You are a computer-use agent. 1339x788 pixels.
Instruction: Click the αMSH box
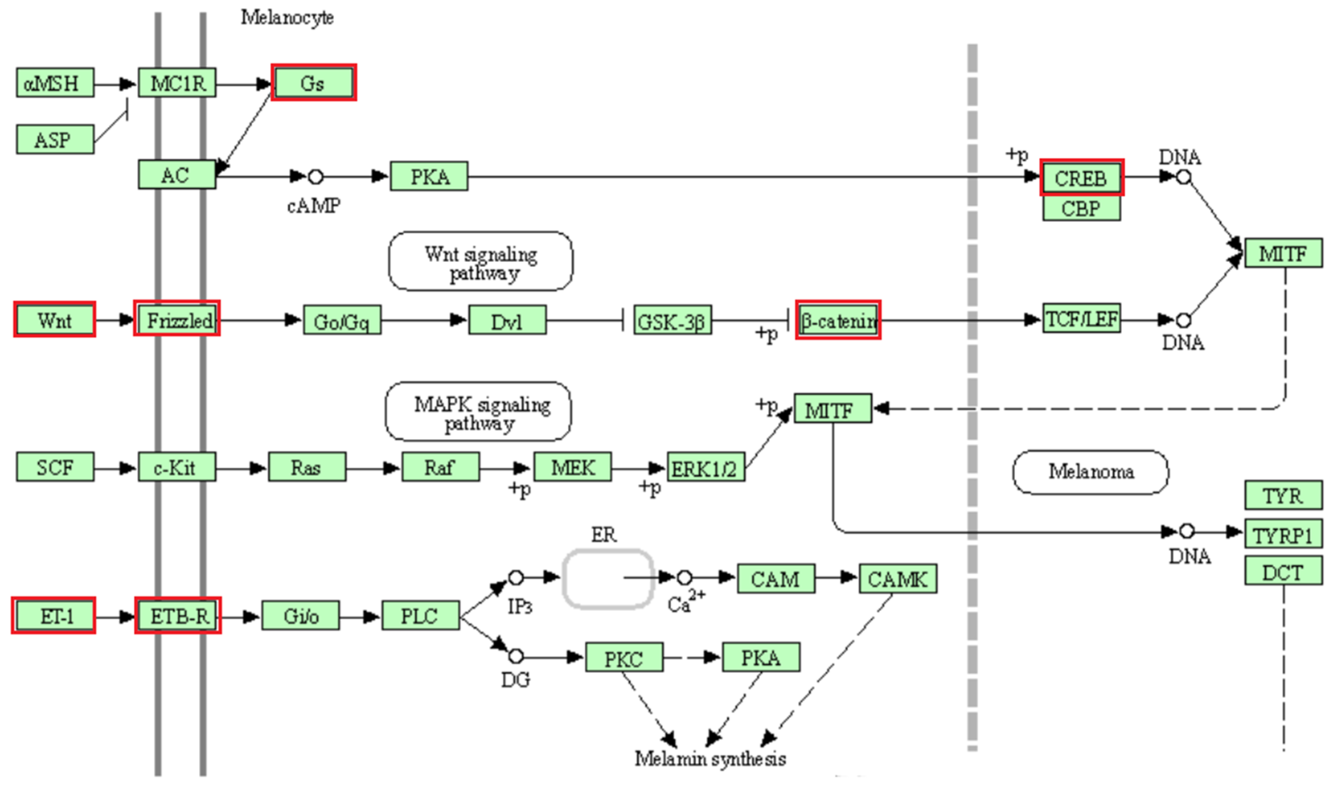tap(55, 83)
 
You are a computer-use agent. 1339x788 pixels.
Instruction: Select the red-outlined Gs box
tap(314, 83)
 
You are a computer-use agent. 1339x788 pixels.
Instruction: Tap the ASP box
tap(55, 140)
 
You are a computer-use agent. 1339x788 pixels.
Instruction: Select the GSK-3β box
tap(672, 320)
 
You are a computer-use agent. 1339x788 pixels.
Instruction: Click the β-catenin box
tap(838, 320)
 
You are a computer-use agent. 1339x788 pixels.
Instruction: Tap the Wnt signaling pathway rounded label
tap(481, 261)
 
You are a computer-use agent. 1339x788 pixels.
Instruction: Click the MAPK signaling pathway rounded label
tap(478, 412)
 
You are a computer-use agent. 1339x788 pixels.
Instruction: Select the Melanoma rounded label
tap(1090, 472)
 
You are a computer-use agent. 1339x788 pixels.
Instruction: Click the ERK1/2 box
tap(705, 468)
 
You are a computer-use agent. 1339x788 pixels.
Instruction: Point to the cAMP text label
tap(314, 206)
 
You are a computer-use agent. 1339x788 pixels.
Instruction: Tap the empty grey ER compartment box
tap(607, 578)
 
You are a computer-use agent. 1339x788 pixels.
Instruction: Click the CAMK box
tap(897, 578)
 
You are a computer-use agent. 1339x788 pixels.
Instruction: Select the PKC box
tap(624, 658)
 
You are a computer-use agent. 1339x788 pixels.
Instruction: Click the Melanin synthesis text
tap(710, 759)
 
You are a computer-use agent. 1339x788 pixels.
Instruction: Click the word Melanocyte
tap(287, 18)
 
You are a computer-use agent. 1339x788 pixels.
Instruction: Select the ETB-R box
tap(178, 617)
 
